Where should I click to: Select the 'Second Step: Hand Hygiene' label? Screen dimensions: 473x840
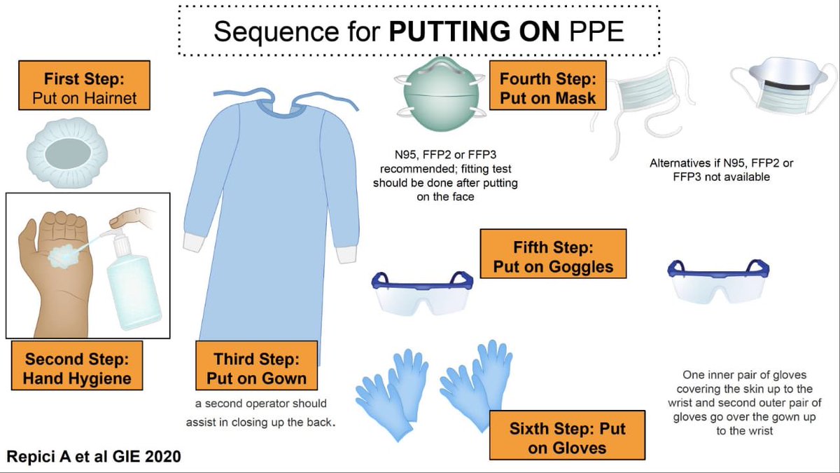click(77, 369)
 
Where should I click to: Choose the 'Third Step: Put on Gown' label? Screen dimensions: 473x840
click(256, 369)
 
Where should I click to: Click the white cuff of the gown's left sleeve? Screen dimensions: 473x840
click(192, 242)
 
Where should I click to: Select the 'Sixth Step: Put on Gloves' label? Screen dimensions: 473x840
click(567, 438)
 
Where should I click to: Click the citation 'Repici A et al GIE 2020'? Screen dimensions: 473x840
click(93, 457)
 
